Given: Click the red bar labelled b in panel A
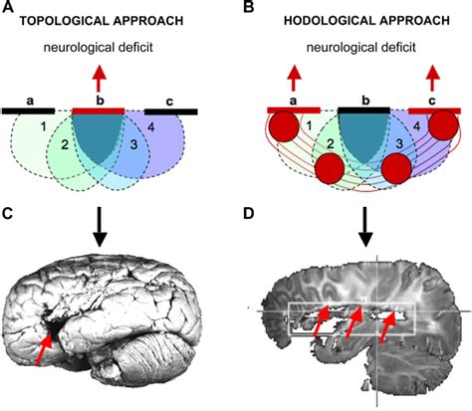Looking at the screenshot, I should click(x=97, y=110).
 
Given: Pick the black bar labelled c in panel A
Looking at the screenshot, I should click(x=170, y=110).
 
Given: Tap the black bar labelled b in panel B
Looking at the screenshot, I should click(x=362, y=108).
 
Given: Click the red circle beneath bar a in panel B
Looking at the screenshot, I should click(x=285, y=129).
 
